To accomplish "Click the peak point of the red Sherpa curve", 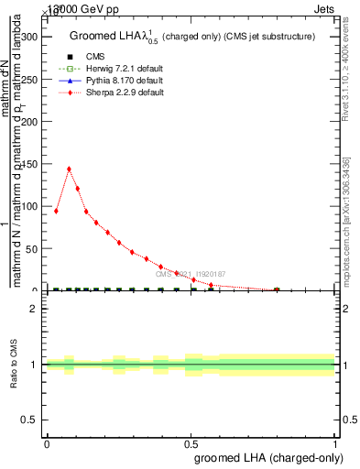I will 69,169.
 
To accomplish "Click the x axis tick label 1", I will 335,444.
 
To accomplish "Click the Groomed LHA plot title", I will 192,37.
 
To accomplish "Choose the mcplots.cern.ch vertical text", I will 347,220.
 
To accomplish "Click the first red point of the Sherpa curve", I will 57,211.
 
